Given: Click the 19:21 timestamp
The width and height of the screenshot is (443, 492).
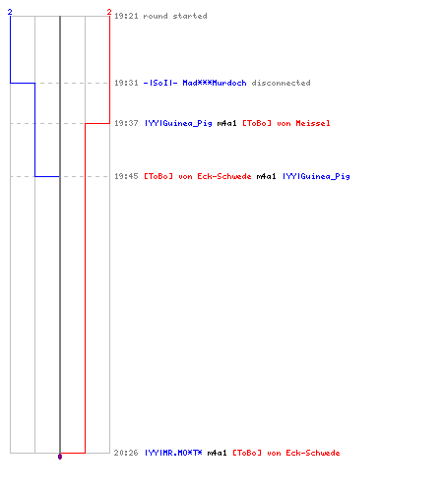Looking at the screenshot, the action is (x=126, y=16).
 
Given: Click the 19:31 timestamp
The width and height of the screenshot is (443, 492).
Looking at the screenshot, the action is (x=126, y=83).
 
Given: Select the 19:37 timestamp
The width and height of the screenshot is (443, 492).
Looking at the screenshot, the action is (x=126, y=123).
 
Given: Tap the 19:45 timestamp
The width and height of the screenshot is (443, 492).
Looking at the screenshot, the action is (x=126, y=176).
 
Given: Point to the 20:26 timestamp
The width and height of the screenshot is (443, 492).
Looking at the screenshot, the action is (x=126, y=453).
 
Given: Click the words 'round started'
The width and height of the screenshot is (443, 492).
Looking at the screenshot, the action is (x=175, y=16).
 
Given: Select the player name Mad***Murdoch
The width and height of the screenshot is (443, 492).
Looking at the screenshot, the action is (x=215, y=83).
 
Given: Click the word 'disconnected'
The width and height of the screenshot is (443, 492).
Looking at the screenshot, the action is (x=281, y=83).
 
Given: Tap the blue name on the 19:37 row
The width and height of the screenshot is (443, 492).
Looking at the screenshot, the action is (x=178, y=124).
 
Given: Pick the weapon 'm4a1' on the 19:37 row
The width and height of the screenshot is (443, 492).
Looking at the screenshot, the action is (x=226, y=123).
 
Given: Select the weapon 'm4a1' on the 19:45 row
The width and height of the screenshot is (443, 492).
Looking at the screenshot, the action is (x=266, y=176).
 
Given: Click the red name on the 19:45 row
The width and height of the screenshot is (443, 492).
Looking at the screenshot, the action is (x=198, y=176).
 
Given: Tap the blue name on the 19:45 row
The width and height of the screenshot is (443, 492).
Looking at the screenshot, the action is (x=316, y=177).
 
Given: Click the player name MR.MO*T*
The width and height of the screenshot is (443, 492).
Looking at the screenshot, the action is (x=173, y=453).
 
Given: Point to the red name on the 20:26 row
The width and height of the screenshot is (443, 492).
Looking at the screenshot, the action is (x=286, y=453).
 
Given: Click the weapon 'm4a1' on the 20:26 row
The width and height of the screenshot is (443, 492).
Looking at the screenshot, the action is (x=217, y=453).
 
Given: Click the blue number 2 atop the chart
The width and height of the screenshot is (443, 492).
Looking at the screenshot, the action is (x=10, y=12).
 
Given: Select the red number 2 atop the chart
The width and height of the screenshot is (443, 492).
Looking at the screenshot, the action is (x=109, y=12).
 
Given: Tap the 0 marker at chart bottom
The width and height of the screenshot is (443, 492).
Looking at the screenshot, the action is (x=60, y=457).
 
